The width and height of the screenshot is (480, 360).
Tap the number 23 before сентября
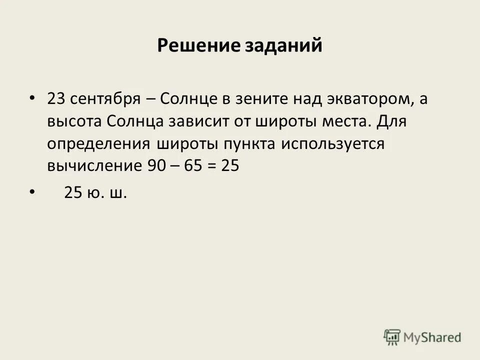tap(56, 98)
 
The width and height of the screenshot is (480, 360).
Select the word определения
tap(99, 144)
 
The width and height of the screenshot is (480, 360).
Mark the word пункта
tap(244, 144)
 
